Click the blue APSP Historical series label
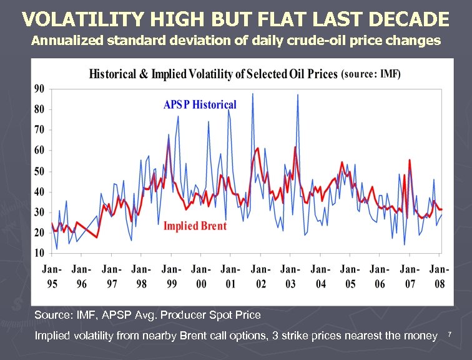point(200,104)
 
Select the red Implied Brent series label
point(195,226)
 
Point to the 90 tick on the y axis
point(39,89)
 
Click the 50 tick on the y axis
point(39,171)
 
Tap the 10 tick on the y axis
point(39,253)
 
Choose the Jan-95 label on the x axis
point(52,276)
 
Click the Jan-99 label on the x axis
point(171,276)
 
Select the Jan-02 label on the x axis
point(260,276)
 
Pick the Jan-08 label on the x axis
point(440,276)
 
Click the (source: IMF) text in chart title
point(371,74)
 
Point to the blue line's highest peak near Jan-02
point(252,94)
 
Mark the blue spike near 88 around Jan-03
point(298,95)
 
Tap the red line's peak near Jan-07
point(410,160)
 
